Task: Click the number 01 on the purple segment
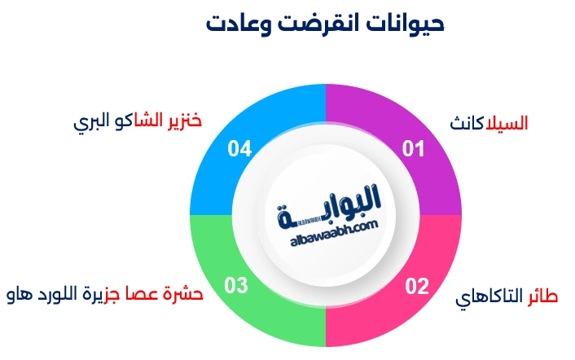[415, 149]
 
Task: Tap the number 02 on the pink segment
[416, 286]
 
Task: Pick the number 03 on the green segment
[236, 286]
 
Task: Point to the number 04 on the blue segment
[239, 149]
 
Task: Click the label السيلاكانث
[489, 125]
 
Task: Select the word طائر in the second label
[542, 296]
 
